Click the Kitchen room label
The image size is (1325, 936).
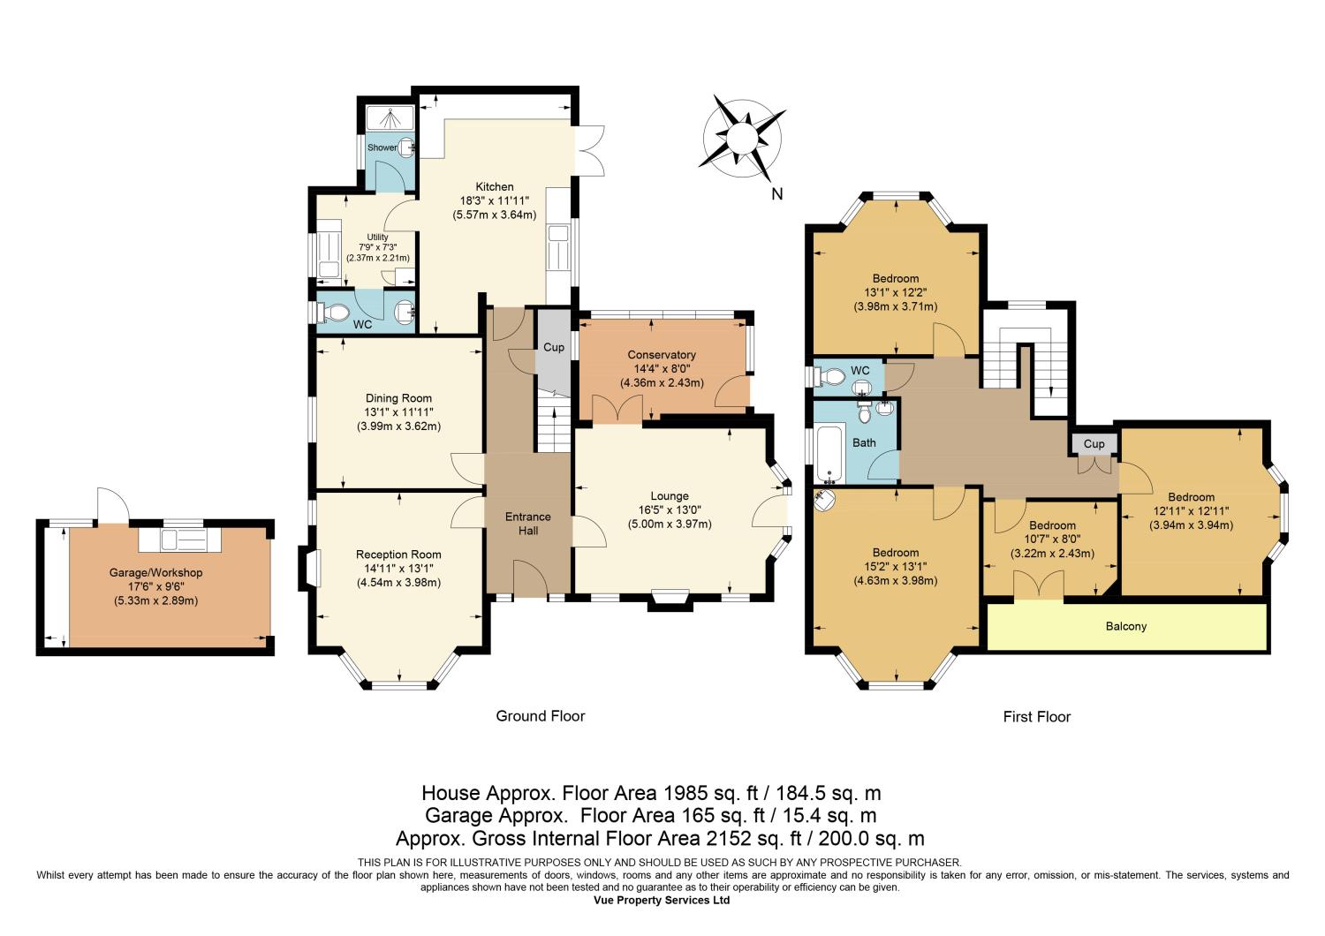pyautogui.click(x=495, y=187)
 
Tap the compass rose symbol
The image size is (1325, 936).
pyautogui.click(x=742, y=139)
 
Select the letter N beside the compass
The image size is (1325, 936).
pyautogui.click(x=777, y=194)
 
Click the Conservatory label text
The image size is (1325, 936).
pyautogui.click(x=662, y=355)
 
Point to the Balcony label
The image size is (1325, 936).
pyautogui.click(x=1126, y=626)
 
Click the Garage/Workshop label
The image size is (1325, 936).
pyautogui.click(x=155, y=572)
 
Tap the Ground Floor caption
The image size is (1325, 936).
pyautogui.click(x=540, y=716)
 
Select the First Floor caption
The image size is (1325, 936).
pyautogui.click(x=1037, y=717)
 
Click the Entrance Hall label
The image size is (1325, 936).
pyautogui.click(x=527, y=524)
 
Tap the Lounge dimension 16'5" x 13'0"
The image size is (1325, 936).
pyautogui.click(x=670, y=510)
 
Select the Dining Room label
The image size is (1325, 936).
pyautogui.click(x=398, y=398)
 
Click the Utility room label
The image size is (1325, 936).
pyautogui.click(x=377, y=238)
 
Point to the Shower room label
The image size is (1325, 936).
pyautogui.click(x=382, y=147)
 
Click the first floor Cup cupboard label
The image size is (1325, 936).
pyautogui.click(x=1094, y=443)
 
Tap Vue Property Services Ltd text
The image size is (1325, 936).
pyautogui.click(x=662, y=900)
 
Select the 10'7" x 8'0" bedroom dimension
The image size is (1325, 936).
pyautogui.click(x=1052, y=540)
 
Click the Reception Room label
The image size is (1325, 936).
pyautogui.click(x=398, y=555)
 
